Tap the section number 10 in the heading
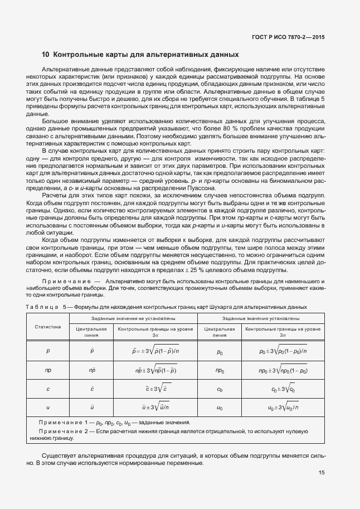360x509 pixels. pos(46,55)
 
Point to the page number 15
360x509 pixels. pos(322,473)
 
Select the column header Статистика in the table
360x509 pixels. pos(47,327)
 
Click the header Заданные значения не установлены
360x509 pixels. pos(133,318)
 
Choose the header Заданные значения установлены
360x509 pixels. pos(261,318)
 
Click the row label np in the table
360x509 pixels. pos(47,370)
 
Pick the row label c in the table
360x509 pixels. pos(47,389)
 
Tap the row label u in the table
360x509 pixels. pos(47,408)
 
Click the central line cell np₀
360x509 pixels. pos(220,370)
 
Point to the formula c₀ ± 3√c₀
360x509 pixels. pos(283,389)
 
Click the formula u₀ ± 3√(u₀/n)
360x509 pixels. pos(283,408)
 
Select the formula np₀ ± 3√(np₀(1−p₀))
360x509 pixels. pos(283,370)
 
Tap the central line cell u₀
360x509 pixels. pos(220,408)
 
